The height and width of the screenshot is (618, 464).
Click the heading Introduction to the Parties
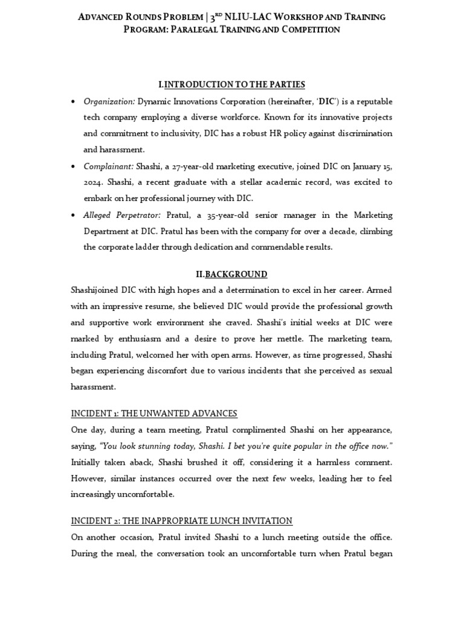pos(231,84)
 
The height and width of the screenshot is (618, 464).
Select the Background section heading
pos(231,274)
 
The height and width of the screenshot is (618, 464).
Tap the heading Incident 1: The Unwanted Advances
pos(154,413)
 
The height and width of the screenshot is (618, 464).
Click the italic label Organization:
pos(109,101)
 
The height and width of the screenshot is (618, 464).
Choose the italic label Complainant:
pos(109,166)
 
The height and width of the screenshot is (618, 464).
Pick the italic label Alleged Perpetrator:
pos(122,215)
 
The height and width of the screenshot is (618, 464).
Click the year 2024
pos(94,182)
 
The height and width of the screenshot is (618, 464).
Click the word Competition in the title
pos(306,30)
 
